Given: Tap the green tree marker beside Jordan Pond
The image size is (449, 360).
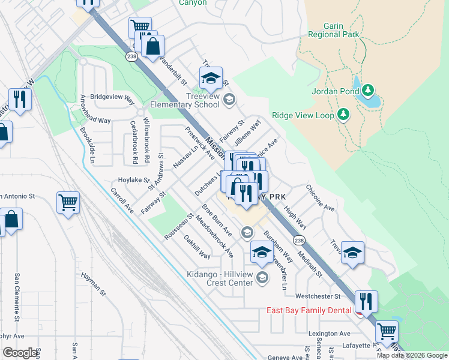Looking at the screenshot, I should pyautogui.click(x=368, y=91).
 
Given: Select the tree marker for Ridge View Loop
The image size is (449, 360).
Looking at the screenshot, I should pyautogui.click(x=343, y=114).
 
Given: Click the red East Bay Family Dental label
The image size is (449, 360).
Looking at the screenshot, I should pyautogui.click(x=309, y=311).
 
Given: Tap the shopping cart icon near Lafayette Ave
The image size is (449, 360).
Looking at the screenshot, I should pyautogui.click(x=387, y=331).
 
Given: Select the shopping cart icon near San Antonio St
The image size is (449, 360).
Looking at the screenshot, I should pyautogui.click(x=68, y=202).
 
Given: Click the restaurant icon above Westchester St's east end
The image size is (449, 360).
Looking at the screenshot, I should pyautogui.click(x=366, y=301).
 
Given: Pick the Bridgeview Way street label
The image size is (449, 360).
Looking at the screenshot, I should pyautogui.click(x=112, y=97).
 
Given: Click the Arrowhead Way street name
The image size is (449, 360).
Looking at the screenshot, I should pyautogui.click(x=95, y=110).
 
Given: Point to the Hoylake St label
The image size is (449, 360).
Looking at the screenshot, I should pyautogui.click(x=133, y=179).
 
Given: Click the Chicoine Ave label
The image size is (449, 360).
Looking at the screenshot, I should pyautogui.click(x=320, y=197).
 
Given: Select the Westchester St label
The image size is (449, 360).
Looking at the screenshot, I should pyautogui.click(x=318, y=296).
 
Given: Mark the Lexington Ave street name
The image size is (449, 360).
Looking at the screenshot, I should pyautogui.click(x=330, y=334).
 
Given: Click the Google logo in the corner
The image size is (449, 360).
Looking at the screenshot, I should pyautogui.click(x=20, y=353).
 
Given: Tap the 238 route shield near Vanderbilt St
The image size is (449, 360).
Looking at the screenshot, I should pyautogui.click(x=131, y=56).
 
